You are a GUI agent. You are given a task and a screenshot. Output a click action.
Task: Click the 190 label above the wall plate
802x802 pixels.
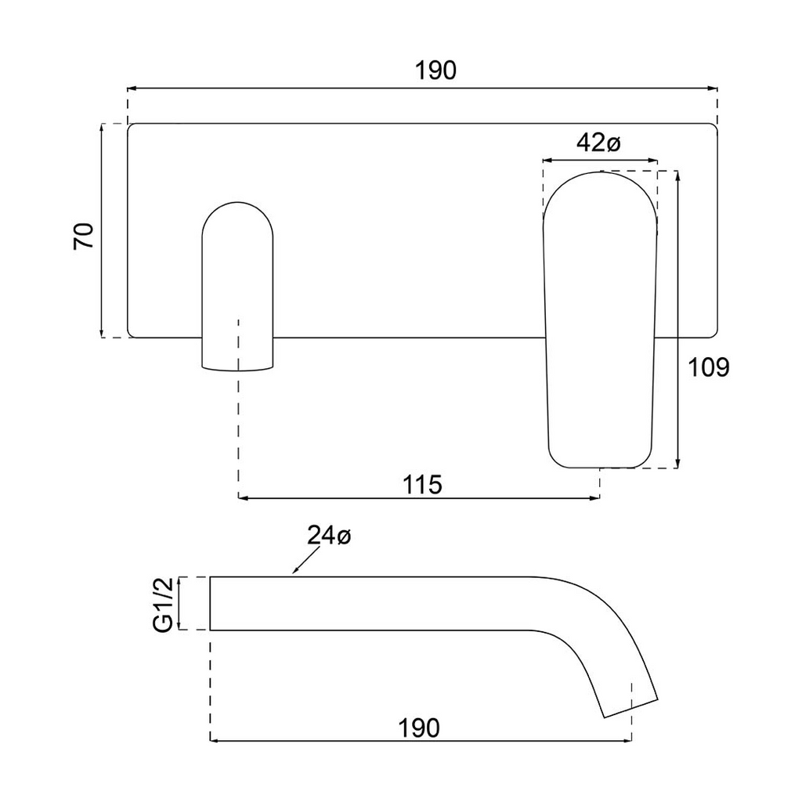[435, 70]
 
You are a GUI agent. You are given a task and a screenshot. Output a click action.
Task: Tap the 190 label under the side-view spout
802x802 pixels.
[418, 728]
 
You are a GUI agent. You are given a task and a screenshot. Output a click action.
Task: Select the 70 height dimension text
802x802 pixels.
[85, 236]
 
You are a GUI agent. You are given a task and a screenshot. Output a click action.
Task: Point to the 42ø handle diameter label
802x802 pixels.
[598, 143]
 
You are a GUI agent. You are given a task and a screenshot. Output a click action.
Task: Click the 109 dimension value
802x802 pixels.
[708, 367]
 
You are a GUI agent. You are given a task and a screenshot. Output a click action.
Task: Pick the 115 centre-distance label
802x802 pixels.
[423, 485]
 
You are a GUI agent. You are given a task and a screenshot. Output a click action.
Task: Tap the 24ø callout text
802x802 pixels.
[329, 536]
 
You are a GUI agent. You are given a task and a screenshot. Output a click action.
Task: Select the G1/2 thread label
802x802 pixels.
[163, 603]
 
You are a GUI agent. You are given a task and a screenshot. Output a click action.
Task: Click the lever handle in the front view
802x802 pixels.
[600, 321]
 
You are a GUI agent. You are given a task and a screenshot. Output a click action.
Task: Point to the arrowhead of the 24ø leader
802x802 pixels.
[293, 574]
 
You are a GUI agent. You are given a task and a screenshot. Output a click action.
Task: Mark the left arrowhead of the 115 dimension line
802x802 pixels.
[242, 497]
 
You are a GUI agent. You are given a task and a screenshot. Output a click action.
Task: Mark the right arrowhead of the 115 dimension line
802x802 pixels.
[596, 497]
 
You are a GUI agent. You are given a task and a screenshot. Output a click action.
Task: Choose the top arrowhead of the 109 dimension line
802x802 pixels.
[678, 175]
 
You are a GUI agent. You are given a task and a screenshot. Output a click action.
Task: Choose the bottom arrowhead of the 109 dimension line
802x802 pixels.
[678, 464]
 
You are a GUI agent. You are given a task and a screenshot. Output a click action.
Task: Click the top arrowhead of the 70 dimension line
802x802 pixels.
[103, 128]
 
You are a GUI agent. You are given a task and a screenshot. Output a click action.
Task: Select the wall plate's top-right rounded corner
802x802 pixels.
[713, 127]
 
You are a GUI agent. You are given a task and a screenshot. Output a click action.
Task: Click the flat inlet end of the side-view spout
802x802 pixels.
[210, 603]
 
